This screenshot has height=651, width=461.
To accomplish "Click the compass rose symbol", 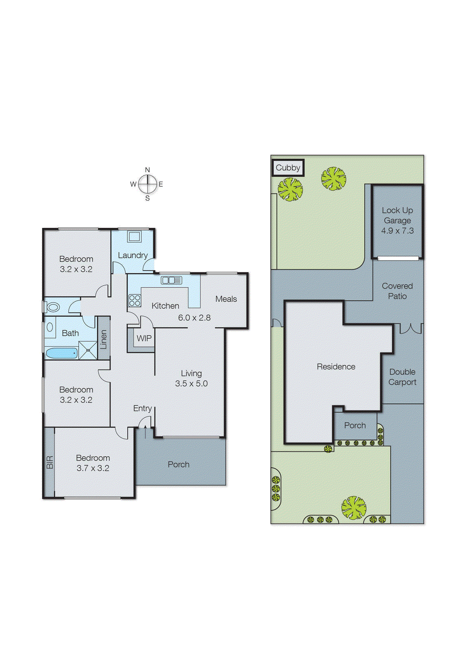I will (x=147, y=184).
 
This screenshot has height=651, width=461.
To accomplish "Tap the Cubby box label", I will (x=288, y=168).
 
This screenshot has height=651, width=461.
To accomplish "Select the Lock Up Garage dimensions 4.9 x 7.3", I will (x=397, y=231).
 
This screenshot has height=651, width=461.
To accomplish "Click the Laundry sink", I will (x=134, y=236).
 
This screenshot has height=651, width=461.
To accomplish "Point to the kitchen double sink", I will (x=171, y=280).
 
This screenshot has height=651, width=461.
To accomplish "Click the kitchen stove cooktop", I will (x=135, y=301).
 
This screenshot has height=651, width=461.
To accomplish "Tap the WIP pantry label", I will (x=144, y=339).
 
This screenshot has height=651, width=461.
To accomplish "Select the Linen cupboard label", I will (x=104, y=339).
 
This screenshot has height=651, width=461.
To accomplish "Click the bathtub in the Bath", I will (x=61, y=353).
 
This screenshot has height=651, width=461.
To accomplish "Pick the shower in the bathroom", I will (x=88, y=350).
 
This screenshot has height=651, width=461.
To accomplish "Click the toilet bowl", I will (x=52, y=307).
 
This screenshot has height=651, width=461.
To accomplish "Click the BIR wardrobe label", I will (x=50, y=462).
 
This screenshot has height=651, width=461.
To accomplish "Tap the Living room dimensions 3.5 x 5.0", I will (x=191, y=384).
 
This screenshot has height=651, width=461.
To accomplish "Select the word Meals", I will (x=226, y=299).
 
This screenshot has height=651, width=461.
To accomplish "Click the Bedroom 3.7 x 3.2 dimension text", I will (x=93, y=468).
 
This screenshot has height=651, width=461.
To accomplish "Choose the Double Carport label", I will (x=402, y=377).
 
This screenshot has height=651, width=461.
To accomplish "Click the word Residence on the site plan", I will (x=336, y=367).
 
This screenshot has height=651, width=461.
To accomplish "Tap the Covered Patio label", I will (x=397, y=291).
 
